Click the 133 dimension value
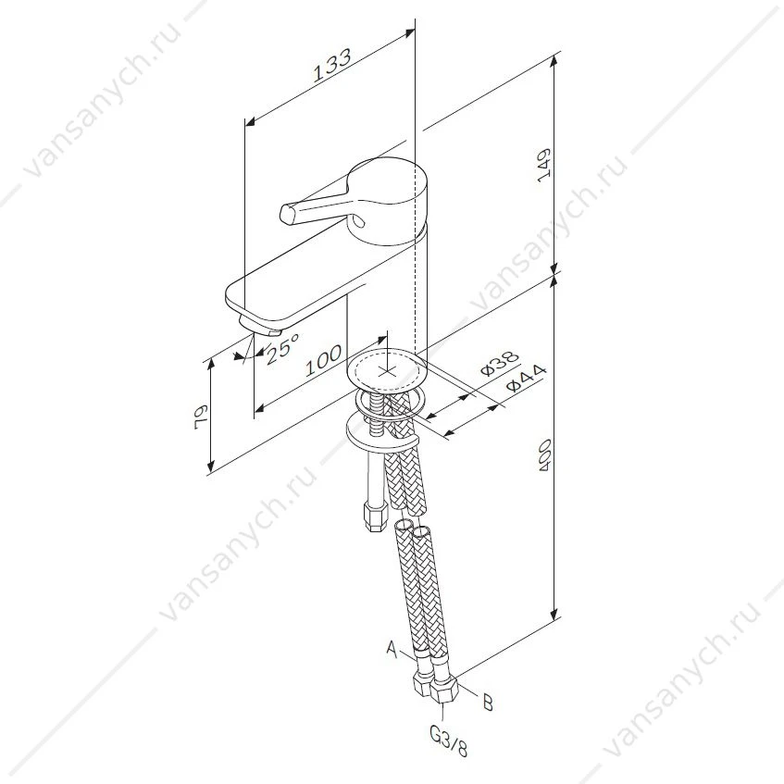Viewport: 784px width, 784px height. pos(332,65)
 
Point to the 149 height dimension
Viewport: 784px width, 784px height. pos(543,166)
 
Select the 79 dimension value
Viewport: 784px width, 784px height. pos(201,416)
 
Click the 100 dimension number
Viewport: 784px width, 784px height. pos(323,360)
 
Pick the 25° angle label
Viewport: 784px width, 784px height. pos(282,349)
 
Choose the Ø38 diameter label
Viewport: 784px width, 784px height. pos(500,364)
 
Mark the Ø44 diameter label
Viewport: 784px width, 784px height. pos(526,379)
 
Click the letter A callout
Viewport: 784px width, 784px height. pos(392,650)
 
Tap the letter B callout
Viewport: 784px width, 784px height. pos(488,703)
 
